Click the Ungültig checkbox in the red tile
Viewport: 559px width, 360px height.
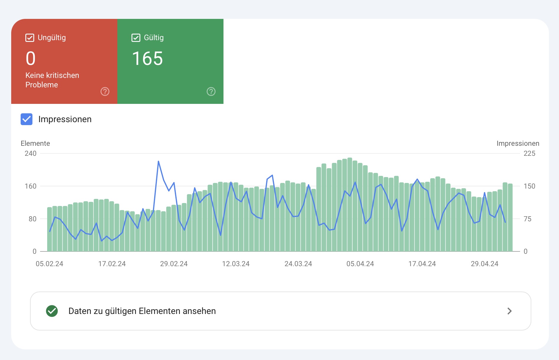(x=30, y=38)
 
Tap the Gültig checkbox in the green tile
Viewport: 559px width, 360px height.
(x=136, y=38)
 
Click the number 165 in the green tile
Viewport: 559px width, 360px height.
(x=147, y=58)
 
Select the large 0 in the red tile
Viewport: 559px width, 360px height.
(x=31, y=58)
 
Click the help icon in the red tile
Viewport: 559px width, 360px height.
(x=105, y=91)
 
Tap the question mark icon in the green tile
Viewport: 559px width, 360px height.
(x=211, y=91)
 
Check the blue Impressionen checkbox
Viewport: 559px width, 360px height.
(x=27, y=119)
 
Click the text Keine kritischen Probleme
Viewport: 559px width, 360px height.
(x=52, y=80)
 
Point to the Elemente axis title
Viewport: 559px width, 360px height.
(x=35, y=143)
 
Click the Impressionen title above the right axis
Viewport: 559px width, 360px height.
(x=518, y=143)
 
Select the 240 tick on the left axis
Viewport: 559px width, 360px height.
(x=31, y=153)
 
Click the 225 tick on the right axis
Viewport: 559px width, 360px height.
(x=529, y=153)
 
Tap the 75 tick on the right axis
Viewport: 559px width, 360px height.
(x=527, y=219)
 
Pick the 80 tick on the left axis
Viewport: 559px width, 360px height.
(x=32, y=219)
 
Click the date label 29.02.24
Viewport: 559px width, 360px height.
(x=174, y=264)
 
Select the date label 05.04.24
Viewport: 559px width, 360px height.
(x=360, y=264)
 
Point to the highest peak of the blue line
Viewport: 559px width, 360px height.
(x=158, y=161)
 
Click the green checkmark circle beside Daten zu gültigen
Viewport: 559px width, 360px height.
(x=52, y=311)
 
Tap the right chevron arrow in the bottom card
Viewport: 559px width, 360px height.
(x=509, y=311)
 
